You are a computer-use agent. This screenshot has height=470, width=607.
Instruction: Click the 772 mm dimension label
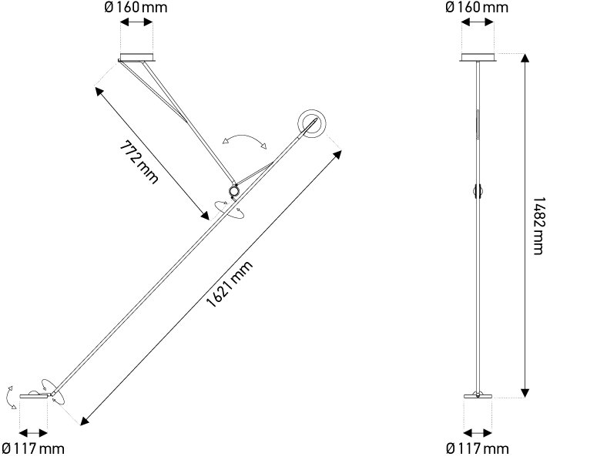point(139,163)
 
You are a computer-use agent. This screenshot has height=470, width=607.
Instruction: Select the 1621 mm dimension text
point(230,284)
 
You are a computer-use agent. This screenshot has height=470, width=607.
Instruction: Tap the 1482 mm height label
point(538,226)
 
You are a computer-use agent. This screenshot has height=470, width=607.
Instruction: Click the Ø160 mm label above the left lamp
point(136,8)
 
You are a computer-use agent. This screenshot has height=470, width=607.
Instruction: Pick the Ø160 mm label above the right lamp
point(477,8)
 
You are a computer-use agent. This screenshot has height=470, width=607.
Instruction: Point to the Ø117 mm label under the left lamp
point(33,448)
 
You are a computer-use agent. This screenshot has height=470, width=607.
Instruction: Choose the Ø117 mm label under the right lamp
point(478,448)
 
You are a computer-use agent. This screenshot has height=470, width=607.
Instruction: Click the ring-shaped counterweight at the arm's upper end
point(312,124)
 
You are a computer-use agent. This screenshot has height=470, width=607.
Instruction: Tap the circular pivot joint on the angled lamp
point(234,191)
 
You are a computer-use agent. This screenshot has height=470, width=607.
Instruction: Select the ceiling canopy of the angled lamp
point(137,58)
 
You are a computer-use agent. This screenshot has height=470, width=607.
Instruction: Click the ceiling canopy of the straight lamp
point(478,57)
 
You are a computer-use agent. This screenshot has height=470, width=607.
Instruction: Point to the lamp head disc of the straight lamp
point(478,396)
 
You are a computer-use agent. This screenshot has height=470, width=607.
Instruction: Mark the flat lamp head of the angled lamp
point(35,395)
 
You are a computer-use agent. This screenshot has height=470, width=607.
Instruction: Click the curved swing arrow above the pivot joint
point(244,136)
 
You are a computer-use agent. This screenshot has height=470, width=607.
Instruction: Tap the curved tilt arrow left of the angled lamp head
point(10,398)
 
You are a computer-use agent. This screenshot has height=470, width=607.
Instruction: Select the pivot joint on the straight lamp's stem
point(478,190)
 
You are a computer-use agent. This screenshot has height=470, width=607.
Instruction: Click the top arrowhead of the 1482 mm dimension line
point(525,58)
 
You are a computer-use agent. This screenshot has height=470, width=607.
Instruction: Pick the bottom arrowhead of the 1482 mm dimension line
point(525,393)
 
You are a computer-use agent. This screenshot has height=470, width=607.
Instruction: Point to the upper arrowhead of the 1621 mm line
point(337,154)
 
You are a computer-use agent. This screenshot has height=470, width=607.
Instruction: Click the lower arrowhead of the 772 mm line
point(204,215)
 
